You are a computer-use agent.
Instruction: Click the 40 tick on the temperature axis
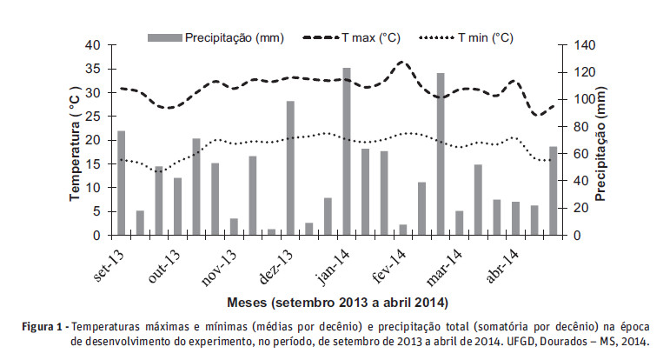tap(94, 44)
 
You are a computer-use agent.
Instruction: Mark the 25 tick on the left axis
tap(94, 117)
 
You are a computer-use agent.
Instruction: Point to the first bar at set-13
tap(122, 183)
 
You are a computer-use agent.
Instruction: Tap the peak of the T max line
tap(401, 63)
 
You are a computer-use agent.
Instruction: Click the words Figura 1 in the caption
tap(45, 326)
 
